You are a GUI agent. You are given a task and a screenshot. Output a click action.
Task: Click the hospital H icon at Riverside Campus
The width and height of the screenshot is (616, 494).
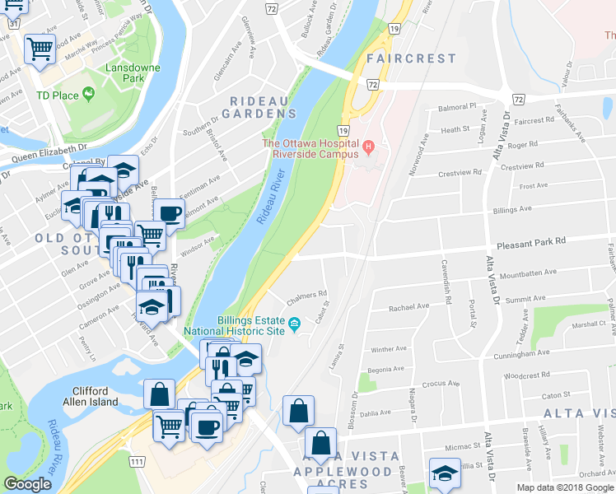(x=368, y=147)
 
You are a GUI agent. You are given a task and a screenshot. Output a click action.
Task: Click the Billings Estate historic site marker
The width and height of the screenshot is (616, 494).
(x=293, y=330)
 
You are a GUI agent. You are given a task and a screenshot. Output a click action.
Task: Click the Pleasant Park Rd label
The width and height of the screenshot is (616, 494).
(x=531, y=241)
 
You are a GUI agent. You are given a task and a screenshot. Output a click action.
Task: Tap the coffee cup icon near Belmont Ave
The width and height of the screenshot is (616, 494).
(x=170, y=214)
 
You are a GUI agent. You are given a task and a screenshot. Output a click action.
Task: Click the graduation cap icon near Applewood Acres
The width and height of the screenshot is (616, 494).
(x=444, y=473)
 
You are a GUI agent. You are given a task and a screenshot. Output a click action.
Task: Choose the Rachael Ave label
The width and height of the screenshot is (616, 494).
(x=408, y=307)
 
